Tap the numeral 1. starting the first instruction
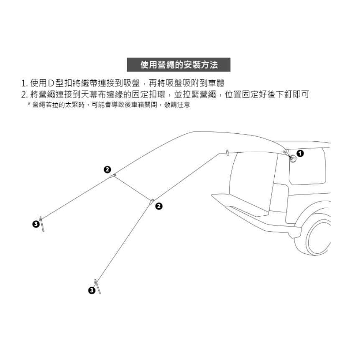tap(24, 83)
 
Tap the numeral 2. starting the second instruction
tap(24, 94)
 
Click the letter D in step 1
tap(51, 83)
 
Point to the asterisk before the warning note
tap(29, 105)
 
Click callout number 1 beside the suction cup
tap(300, 153)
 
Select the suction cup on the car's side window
tap(294, 159)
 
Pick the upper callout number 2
tap(107, 169)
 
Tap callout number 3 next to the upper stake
tap(36, 225)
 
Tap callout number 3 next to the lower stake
tap(91, 290)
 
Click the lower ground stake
tap(98, 287)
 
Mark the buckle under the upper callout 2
tap(112, 176)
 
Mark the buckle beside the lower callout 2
tap(151, 201)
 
